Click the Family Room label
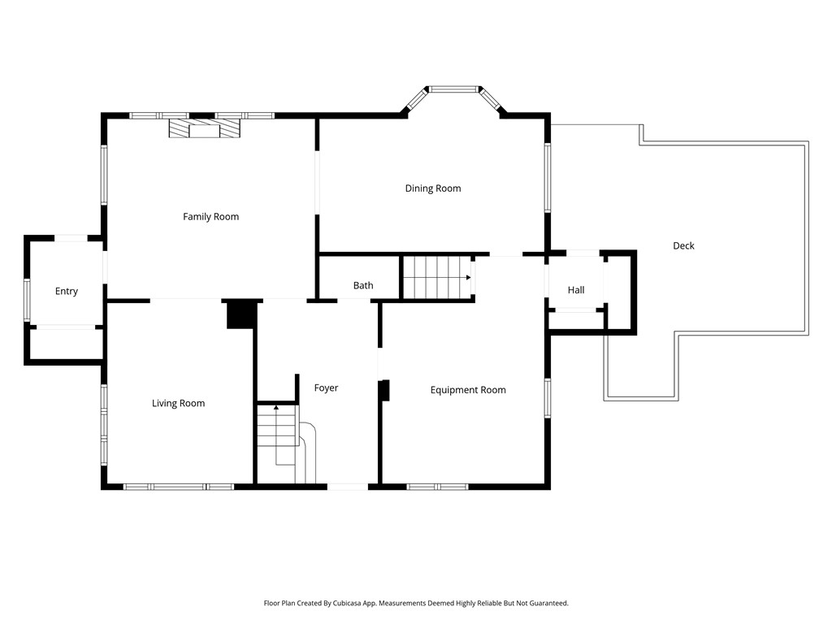pos(210,217)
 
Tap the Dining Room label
pos(433,188)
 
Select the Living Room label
pos(178,404)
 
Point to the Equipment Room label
pos(468,390)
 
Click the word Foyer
pos(326,388)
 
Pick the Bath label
pos(363,286)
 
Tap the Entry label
pos(67,292)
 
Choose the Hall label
pos(576,290)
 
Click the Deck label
pos(683,246)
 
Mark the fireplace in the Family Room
pos(205,129)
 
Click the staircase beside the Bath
pos(437,277)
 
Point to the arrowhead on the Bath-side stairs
pos(468,278)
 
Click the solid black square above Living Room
pos(240,314)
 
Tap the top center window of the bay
pos(454,89)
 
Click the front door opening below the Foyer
pos(347,487)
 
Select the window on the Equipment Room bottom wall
pos(437,487)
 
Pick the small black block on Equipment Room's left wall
pos(385,390)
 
